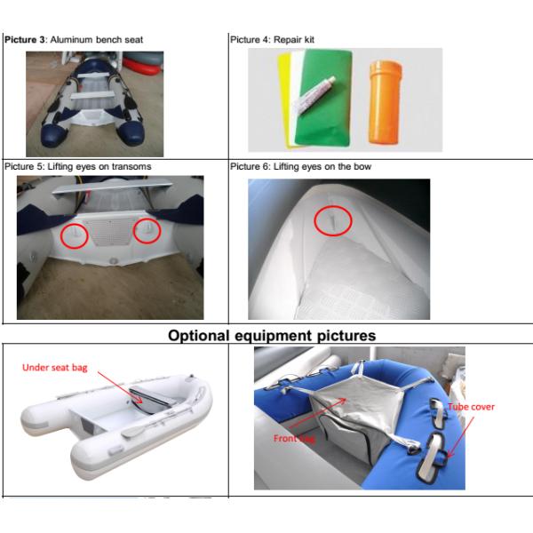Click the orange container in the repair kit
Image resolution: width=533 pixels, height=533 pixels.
coord(386,102)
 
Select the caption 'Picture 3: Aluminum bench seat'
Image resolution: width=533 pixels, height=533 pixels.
coord(74,40)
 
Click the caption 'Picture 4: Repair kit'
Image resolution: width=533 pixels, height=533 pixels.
coord(273,40)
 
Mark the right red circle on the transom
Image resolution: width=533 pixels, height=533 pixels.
coord(147,230)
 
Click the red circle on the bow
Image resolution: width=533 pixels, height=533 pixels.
coord(333,220)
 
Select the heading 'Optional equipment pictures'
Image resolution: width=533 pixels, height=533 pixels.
coord(272,336)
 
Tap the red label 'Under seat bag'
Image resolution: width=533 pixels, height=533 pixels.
coord(55,368)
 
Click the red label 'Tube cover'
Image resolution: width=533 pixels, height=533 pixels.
coord(471,407)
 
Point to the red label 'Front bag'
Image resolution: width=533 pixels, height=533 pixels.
coord(294,438)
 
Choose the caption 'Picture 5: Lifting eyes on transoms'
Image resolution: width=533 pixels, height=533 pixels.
coord(78,167)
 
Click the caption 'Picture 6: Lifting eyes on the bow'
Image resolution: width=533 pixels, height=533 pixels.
coord(300,167)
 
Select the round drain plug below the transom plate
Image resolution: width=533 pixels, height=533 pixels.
coord(113,261)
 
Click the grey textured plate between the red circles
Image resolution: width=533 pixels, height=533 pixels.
coord(111,231)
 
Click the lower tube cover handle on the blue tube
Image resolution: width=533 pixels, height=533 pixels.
coord(432,457)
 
